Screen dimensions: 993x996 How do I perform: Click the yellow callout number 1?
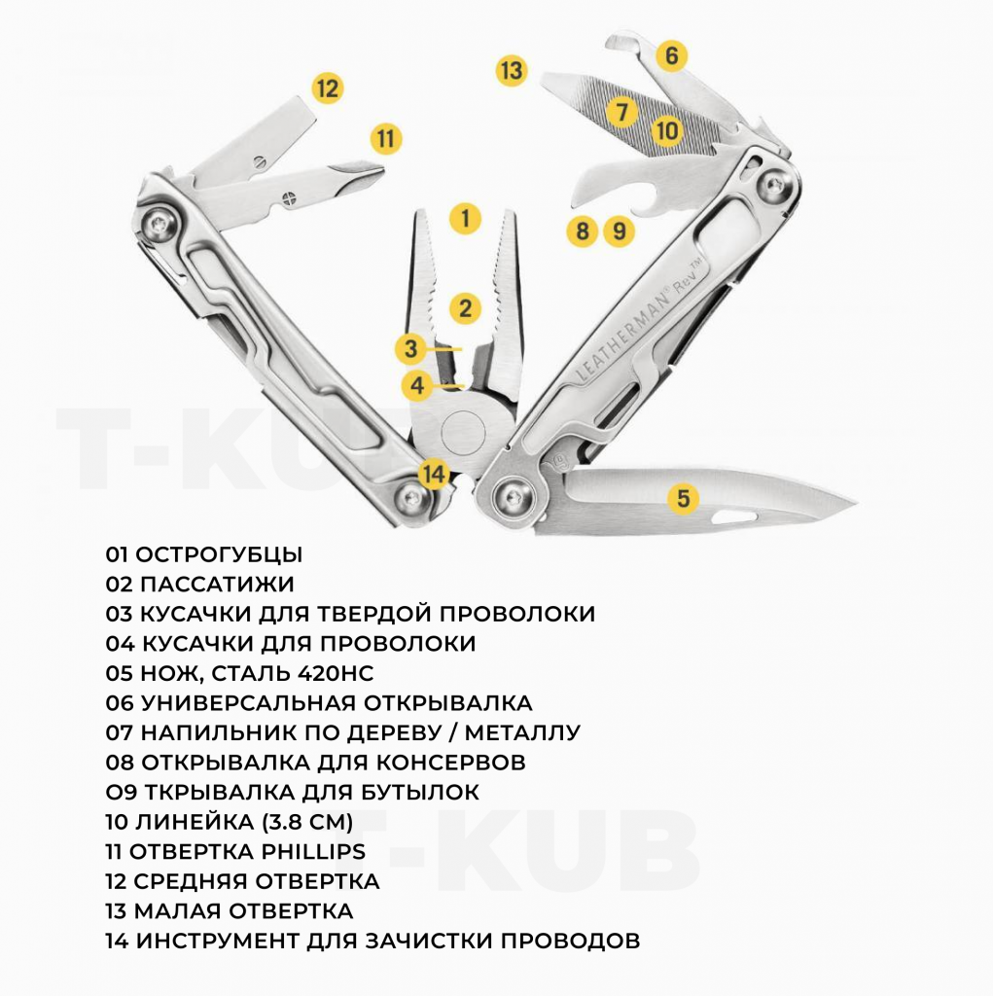pos(465,219)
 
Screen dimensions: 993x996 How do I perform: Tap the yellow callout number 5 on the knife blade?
pos(683,498)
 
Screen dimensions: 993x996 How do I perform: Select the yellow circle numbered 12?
pos(327,88)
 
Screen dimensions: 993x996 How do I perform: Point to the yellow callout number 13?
pos(512,70)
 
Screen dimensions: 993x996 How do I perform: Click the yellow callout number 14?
pos(435,474)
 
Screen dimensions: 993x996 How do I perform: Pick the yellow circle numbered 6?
pos(671,55)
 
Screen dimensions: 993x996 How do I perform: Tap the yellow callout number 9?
pos(619,231)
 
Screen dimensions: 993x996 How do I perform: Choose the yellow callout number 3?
pos(411,348)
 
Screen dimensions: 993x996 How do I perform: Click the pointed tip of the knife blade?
pos(856,504)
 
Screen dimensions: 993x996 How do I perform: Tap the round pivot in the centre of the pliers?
pos(463,431)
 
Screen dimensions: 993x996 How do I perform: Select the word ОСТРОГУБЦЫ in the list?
pos(219,554)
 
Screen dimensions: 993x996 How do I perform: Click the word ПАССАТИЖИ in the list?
pos(217,585)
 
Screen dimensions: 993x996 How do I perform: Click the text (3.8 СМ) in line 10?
pos(307,822)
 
